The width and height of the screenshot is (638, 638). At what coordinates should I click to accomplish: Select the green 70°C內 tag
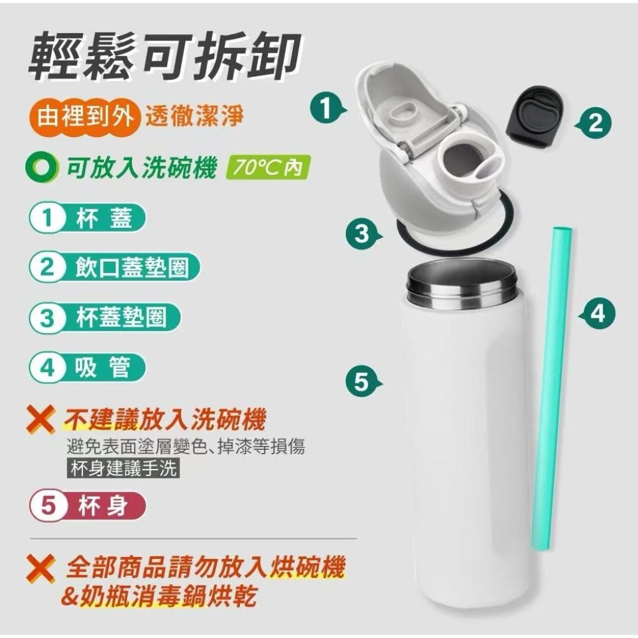pyautogui.click(x=268, y=168)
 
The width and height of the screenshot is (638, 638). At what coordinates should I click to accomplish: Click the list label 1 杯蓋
pyautogui.click(x=87, y=219)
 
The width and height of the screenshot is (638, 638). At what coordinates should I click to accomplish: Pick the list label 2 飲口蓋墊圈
pyautogui.click(x=115, y=267)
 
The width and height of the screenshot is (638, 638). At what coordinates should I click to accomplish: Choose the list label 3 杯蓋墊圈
pyautogui.click(x=105, y=317)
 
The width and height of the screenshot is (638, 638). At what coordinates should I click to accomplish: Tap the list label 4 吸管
pyautogui.click(x=87, y=368)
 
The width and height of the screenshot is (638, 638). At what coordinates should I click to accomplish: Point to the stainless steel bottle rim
pyautogui.click(x=463, y=285)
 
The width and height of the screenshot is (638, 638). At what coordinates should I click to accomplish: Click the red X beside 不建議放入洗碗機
pyautogui.click(x=40, y=419)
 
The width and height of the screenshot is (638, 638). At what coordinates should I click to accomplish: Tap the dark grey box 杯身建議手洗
pyautogui.click(x=123, y=469)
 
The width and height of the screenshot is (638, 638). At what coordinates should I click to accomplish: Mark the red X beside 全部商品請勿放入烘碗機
pyautogui.click(x=40, y=569)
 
